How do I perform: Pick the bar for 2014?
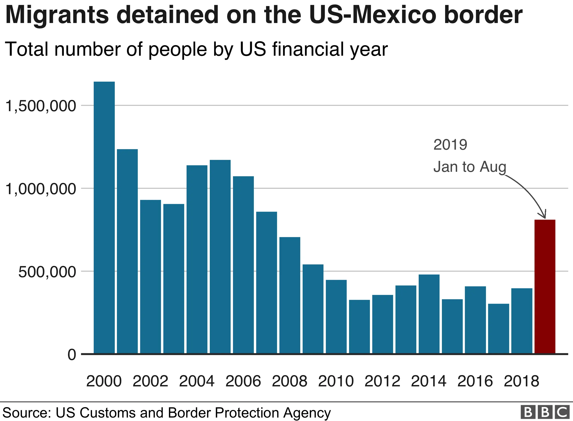point(429,314)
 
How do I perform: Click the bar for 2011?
point(359,326)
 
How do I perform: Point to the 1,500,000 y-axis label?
point(41,106)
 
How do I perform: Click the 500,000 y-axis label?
point(47,272)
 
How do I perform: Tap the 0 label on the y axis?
point(72,355)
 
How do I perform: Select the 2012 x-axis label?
point(382,381)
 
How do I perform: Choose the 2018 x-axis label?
point(521,381)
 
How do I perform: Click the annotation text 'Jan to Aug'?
point(470,167)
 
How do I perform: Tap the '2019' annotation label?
point(450,145)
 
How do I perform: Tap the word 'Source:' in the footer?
point(26,412)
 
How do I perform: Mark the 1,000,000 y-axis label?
point(41,189)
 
